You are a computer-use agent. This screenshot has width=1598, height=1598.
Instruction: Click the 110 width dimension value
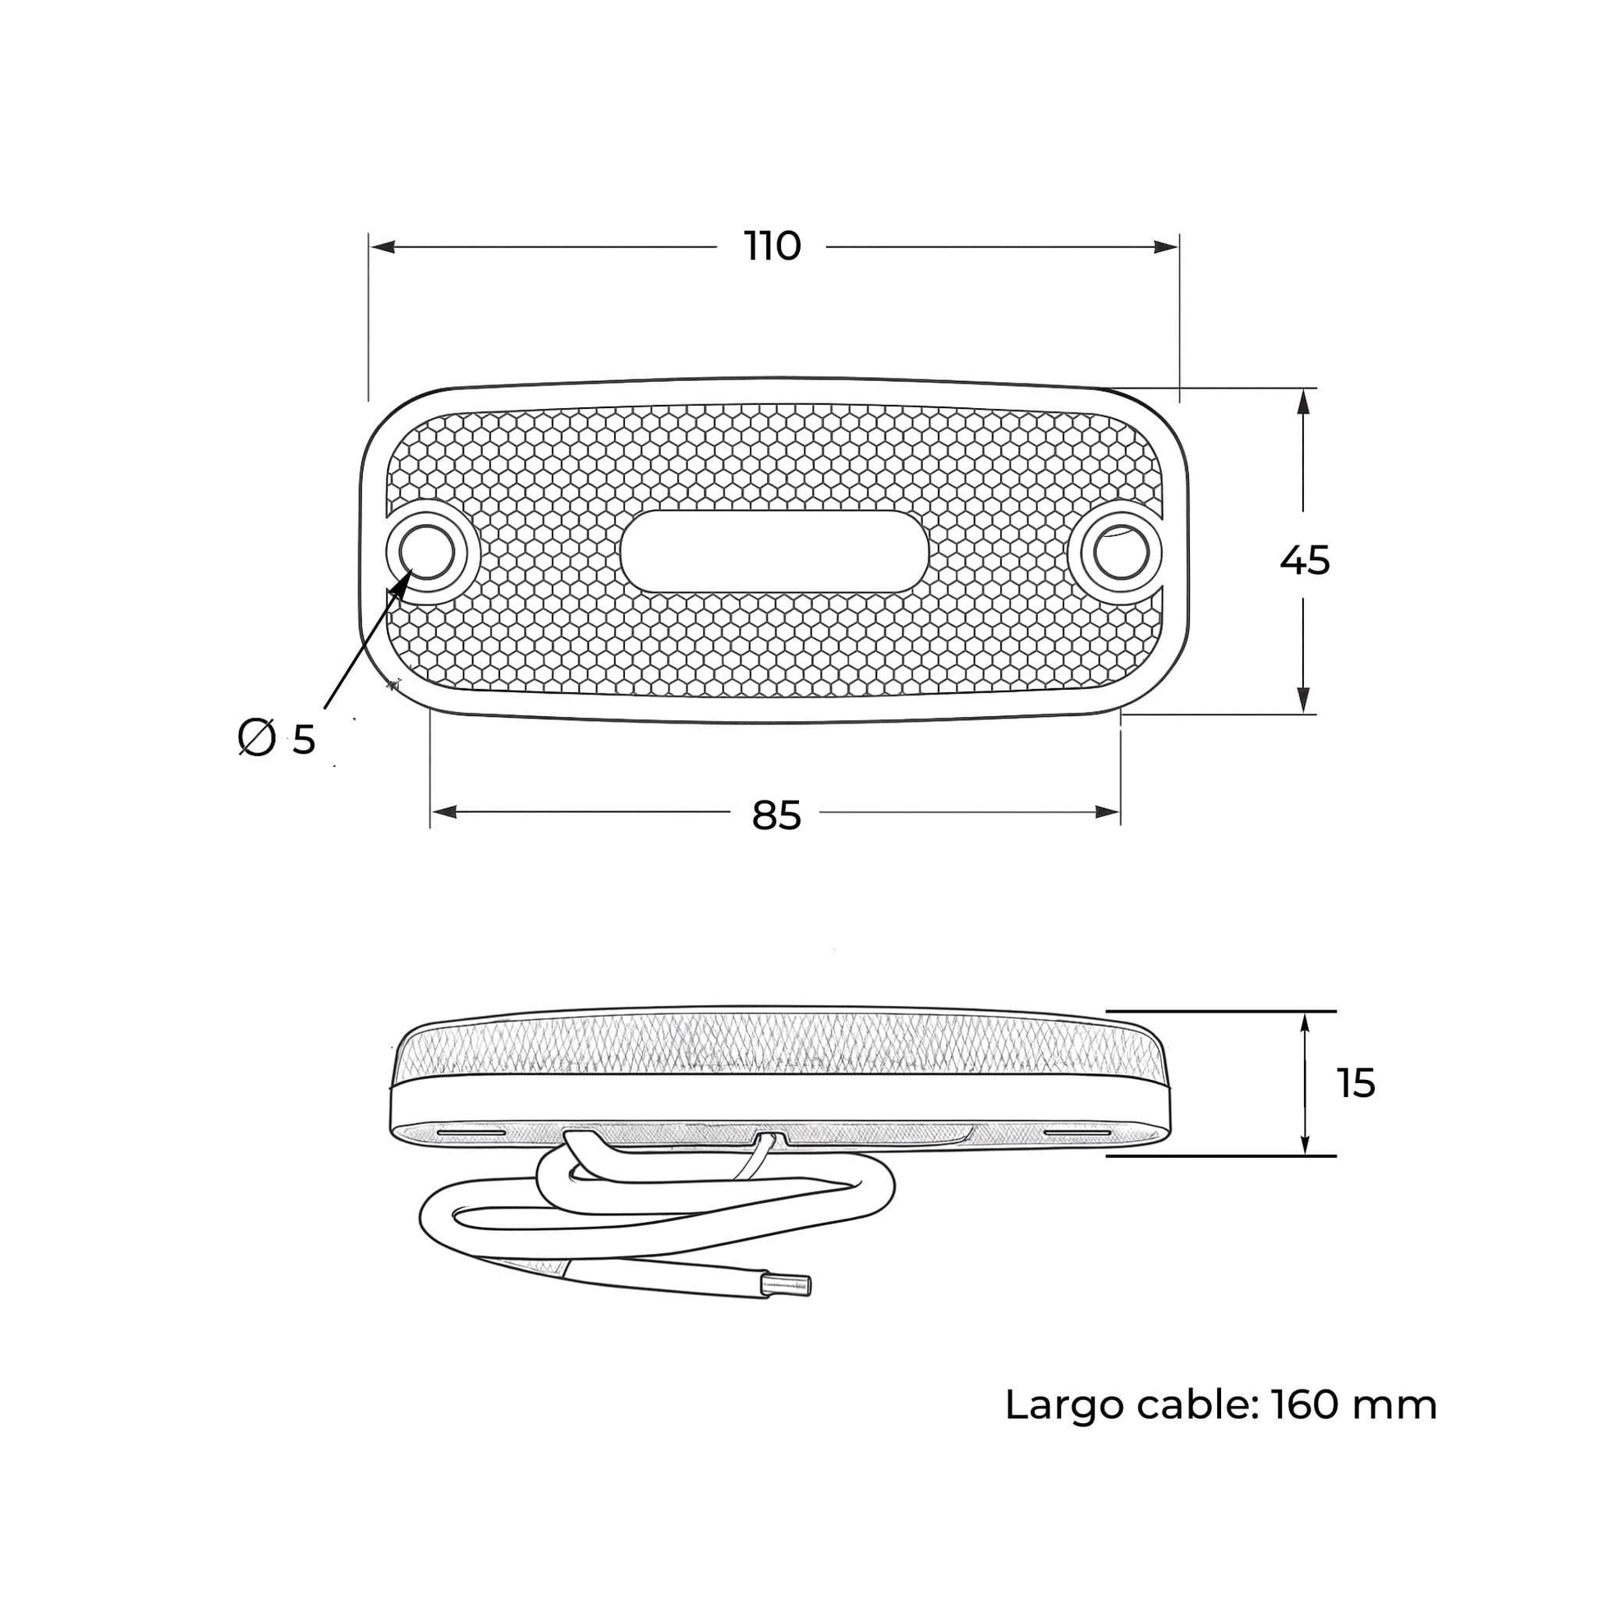(x=773, y=246)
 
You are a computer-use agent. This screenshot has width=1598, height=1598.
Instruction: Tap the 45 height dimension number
(x=1304, y=561)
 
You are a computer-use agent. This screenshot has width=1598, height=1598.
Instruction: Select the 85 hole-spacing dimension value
(x=777, y=815)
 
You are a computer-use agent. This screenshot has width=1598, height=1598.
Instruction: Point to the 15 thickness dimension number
(x=1356, y=1083)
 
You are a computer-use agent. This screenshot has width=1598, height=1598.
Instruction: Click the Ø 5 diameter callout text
(x=276, y=737)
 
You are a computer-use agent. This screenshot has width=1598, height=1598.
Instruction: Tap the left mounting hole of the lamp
(x=427, y=551)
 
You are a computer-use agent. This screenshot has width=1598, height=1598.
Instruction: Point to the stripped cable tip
(x=787, y=1284)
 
